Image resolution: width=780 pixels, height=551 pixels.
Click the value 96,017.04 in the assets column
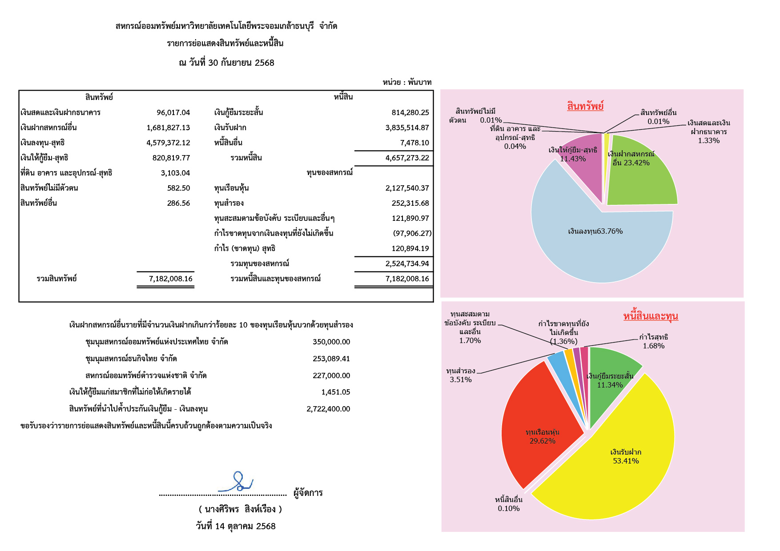(173, 112)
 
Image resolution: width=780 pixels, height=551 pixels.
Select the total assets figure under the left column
(170, 279)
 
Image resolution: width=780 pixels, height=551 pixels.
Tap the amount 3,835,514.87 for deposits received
(407, 128)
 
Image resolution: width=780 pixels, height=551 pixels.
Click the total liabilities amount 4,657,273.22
(407, 158)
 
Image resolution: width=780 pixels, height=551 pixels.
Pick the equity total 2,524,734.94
(407, 264)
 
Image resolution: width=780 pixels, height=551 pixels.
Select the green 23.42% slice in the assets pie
(640, 178)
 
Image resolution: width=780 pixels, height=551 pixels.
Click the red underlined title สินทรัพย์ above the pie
(585, 106)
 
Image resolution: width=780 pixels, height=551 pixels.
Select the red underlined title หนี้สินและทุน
(651, 316)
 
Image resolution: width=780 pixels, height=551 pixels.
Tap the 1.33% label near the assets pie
(708, 140)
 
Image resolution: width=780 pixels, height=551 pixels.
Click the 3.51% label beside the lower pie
(460, 379)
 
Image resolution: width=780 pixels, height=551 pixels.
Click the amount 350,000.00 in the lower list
(331, 342)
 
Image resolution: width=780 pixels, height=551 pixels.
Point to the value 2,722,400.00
(328, 409)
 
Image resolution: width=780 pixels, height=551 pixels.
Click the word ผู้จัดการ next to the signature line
(308, 493)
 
